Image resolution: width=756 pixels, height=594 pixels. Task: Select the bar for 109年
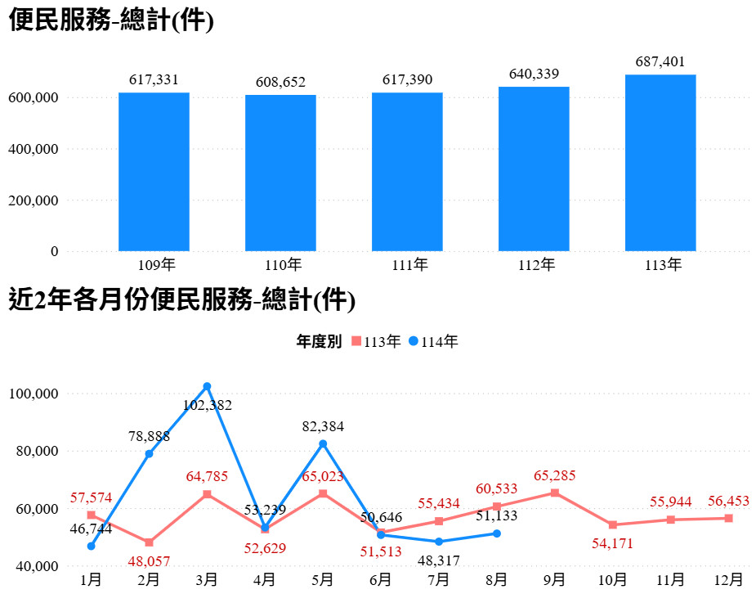tap(154, 172)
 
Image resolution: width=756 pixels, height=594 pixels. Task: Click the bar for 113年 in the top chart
tap(660, 163)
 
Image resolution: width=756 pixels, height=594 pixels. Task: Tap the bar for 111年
tap(407, 172)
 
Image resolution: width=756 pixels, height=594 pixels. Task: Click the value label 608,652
tap(280, 82)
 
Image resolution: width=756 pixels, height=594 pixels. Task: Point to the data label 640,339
tap(534, 74)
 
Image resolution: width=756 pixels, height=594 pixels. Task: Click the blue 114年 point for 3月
tap(207, 386)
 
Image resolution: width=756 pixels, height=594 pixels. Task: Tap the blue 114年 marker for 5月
tap(323, 443)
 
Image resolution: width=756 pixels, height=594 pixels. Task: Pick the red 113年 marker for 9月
tap(555, 493)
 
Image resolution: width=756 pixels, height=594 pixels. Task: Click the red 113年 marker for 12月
tap(728, 518)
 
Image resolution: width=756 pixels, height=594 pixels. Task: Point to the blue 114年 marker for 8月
tap(497, 533)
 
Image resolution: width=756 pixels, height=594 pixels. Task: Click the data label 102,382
tap(207, 404)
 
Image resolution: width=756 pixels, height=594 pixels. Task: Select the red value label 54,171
tap(612, 542)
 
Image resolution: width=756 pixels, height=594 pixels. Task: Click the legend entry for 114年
tap(434, 342)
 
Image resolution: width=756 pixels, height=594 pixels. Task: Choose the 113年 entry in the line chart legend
tap(376, 342)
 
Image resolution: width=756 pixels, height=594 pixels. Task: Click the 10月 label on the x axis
tap(612, 580)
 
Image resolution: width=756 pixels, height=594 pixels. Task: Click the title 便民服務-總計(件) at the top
tap(111, 22)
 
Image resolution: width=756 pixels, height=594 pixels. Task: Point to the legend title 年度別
tap(319, 342)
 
